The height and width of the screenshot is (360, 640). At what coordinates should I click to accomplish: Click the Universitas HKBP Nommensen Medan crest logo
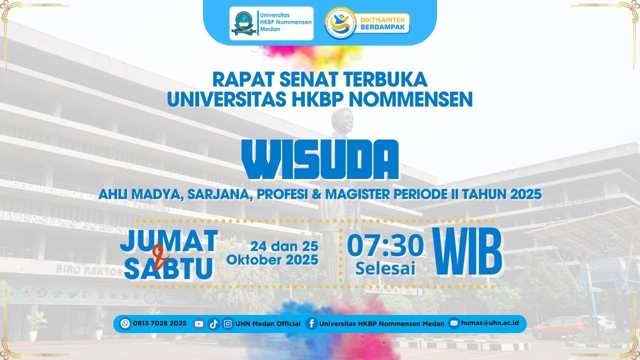pyautogui.click(x=243, y=23)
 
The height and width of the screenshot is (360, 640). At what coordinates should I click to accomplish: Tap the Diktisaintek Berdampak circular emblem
pyautogui.click(x=340, y=23)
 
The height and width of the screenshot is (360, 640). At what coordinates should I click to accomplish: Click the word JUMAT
pyautogui.click(x=169, y=241)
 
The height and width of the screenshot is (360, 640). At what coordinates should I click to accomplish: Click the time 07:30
pyautogui.click(x=385, y=245)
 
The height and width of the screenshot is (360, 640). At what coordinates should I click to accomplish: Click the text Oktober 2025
pyautogui.click(x=272, y=260)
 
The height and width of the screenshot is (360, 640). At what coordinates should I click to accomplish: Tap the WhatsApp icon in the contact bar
pyautogui.click(x=125, y=323)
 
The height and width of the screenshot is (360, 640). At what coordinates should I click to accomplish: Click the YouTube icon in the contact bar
pyautogui.click(x=199, y=324)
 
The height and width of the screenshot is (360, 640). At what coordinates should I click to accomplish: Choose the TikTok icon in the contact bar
pyautogui.click(x=213, y=324)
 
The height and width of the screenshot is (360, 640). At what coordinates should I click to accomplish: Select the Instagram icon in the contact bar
pyautogui.click(x=227, y=324)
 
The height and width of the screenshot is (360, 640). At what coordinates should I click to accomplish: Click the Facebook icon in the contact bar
pyautogui.click(x=311, y=323)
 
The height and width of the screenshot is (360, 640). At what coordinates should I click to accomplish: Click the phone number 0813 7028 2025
pyautogui.click(x=159, y=323)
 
